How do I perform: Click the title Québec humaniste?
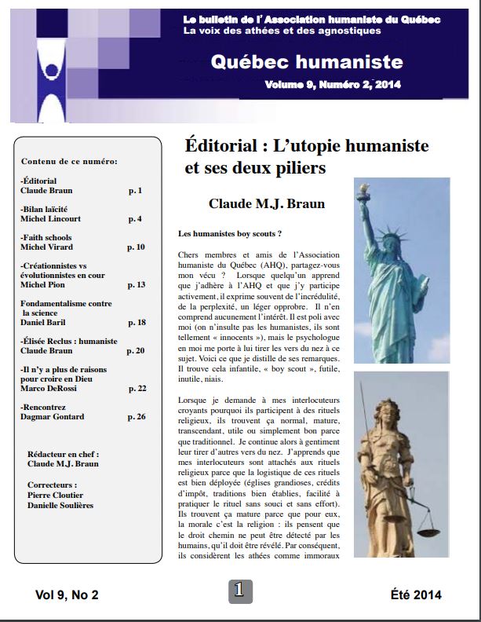[x=307, y=62]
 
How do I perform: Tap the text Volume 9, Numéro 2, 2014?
[x=333, y=85]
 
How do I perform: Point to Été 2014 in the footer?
[x=415, y=595]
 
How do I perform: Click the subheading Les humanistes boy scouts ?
[x=230, y=234]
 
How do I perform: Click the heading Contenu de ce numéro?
[x=69, y=161]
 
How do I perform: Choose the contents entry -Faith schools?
[x=46, y=237]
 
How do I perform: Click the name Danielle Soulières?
[x=60, y=505]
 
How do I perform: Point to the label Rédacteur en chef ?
[x=62, y=455]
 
